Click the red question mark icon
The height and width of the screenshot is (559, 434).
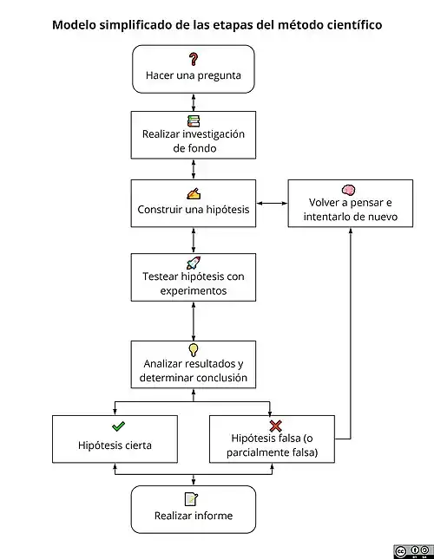click(193, 59)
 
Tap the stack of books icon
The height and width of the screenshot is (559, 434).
click(194, 121)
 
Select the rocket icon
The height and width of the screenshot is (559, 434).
click(194, 263)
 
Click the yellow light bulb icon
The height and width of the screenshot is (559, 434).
click(193, 350)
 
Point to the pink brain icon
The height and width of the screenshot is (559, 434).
click(348, 190)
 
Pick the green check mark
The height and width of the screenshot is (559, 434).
click(118, 426)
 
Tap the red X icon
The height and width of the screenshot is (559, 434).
click(275, 426)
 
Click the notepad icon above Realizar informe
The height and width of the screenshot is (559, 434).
click(191, 499)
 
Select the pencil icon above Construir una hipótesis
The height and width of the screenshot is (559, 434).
click(194, 193)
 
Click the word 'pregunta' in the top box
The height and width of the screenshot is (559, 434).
click(219, 76)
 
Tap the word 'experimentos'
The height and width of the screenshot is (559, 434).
click(194, 291)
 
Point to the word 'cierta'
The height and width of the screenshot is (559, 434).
click(135, 445)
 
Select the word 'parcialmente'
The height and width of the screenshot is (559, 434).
click(260, 452)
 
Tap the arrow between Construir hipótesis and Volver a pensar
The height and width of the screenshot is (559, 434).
click(272, 203)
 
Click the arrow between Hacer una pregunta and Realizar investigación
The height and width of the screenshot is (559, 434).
click(194, 102)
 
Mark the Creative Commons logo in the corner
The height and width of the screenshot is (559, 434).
click(413, 551)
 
